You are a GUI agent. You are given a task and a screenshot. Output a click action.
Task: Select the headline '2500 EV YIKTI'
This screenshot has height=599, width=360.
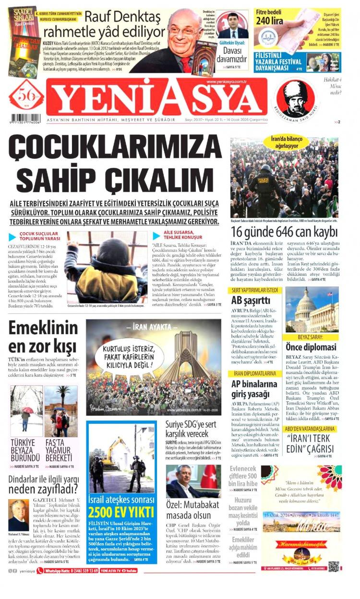pyautogui.click(x=121, y=511)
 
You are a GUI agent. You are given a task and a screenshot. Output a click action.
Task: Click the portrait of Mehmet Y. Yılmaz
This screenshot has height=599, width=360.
pyautogui.click(x=19, y=515)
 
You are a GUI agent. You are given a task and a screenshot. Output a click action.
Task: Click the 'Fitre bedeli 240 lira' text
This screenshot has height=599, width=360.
pyautogui.click(x=269, y=16)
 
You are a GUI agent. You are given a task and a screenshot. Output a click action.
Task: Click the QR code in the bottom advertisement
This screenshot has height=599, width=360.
pyautogui.click(x=334, y=565)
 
